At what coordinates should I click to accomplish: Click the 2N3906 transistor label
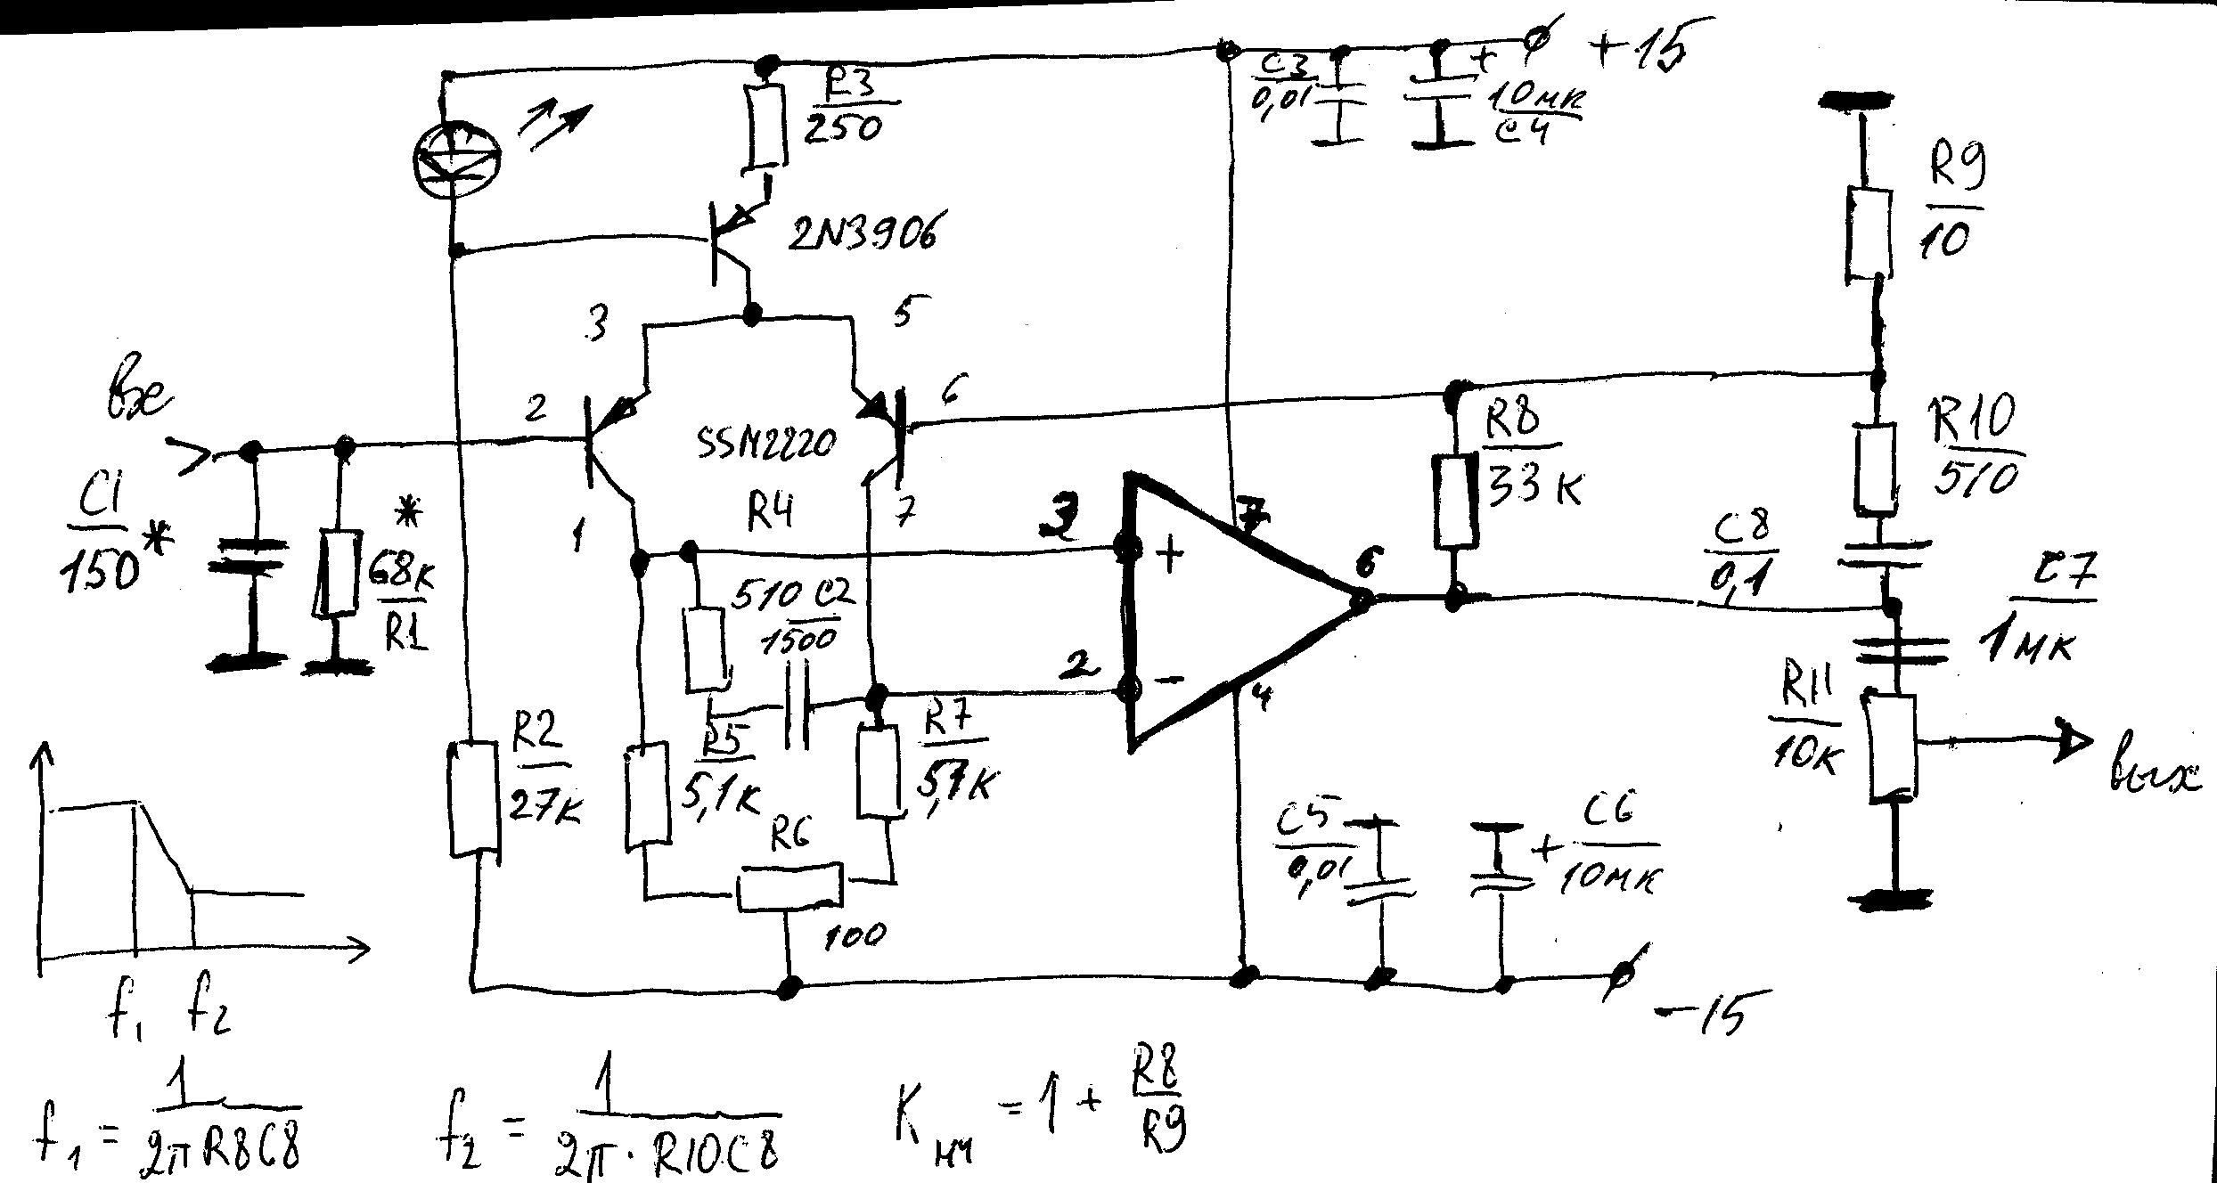click(x=862, y=234)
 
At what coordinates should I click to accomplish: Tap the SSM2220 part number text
click(x=767, y=440)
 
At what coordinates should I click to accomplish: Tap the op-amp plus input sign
click(x=1171, y=554)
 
